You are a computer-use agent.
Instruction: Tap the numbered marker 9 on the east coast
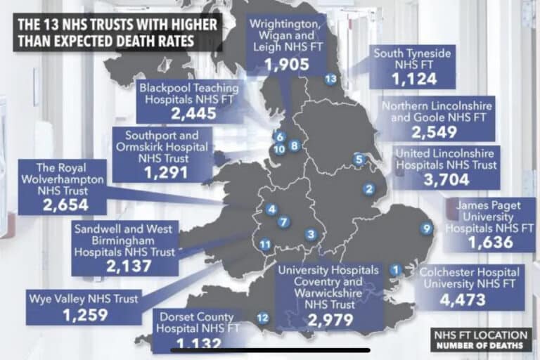[425, 227]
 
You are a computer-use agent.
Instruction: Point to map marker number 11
[265, 245]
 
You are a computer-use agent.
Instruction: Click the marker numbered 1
[396, 268]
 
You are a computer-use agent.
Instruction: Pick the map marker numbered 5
[359, 159]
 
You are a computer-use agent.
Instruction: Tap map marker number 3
[311, 234]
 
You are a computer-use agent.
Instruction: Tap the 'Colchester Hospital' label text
[469, 272]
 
